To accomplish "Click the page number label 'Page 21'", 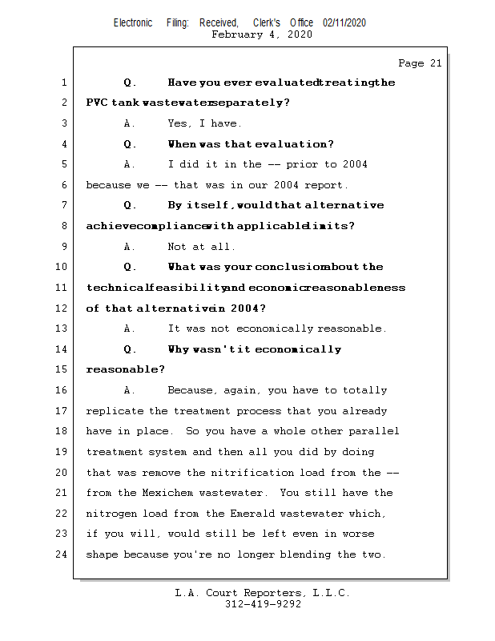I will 420,63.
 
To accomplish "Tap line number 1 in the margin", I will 63,83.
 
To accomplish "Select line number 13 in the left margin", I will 61,329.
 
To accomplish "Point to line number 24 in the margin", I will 61,554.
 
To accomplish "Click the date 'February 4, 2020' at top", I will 262,34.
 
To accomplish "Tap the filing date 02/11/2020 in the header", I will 344,23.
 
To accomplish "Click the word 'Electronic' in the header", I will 133,23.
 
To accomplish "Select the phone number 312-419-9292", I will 264,604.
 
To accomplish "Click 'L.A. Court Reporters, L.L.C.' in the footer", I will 262,593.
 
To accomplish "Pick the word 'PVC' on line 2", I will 98,103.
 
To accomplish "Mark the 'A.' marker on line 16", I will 131,390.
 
